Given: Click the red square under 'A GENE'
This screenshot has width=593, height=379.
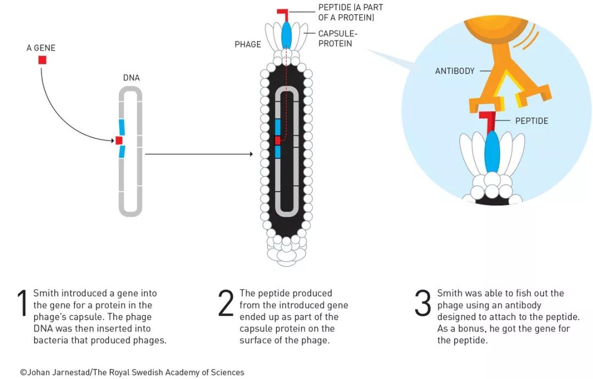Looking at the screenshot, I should point(42,60).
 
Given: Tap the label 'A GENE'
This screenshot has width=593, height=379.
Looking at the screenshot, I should point(41,48).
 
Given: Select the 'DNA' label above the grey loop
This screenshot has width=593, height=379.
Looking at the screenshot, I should point(131,78).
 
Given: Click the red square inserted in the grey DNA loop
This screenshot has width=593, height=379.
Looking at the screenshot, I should point(119,141).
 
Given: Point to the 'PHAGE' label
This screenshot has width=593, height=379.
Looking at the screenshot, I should point(248,44).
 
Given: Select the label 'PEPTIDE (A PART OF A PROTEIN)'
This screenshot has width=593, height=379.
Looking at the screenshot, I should point(350,12).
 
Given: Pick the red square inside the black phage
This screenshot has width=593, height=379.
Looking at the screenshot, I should point(277,141).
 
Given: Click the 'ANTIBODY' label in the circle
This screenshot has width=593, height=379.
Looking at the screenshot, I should point(455,71).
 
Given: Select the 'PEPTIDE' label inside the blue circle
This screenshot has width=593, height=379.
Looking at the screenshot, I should point(532,121).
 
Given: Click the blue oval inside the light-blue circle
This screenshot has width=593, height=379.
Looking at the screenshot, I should point(492,151).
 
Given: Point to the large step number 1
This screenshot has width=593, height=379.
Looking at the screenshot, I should point(23,303).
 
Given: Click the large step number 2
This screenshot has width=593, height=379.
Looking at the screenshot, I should point(226,303).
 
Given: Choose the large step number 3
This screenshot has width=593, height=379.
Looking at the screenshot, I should point(422,303).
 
